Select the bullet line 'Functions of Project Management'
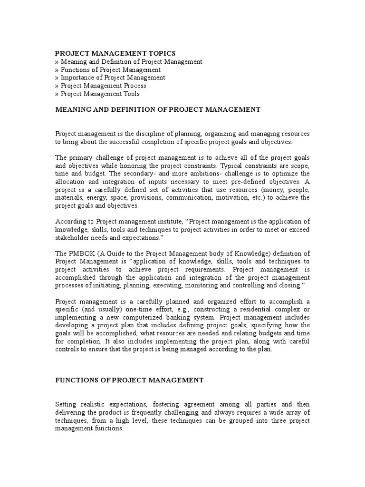[108, 69]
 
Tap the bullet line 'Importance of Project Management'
[110, 78]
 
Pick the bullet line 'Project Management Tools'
[97, 94]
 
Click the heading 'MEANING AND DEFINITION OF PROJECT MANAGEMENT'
[158, 110]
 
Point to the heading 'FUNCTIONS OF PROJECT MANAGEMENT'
[130, 380]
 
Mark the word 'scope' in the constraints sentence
[300, 165]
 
